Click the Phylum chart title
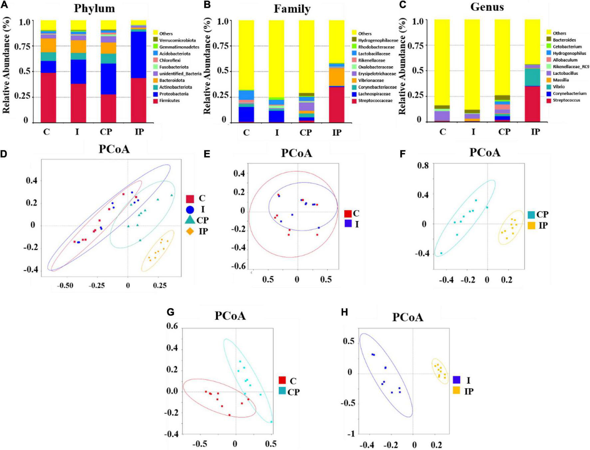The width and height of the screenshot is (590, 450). tap(94, 8)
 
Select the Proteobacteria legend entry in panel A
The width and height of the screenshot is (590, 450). tap(173, 94)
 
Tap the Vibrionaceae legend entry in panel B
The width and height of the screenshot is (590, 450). tap(371, 81)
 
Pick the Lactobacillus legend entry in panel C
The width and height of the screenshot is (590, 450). tap(565, 73)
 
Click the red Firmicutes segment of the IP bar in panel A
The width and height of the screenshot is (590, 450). tap(138, 100)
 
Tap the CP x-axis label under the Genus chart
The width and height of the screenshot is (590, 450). tap(504, 132)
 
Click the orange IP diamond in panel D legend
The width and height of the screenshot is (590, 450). tap(190, 231)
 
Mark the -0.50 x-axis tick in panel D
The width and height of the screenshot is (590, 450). tap(65, 286)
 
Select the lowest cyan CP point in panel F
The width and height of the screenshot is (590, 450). tap(442, 253)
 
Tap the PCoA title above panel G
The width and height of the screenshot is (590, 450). tap(230, 316)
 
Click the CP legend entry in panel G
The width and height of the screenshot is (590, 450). tap(288, 392)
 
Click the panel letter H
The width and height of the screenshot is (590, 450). tap(345, 312)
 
